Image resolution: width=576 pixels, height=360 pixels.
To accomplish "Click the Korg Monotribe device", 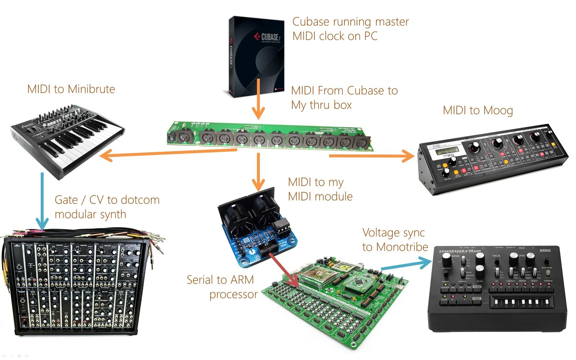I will point(497,288).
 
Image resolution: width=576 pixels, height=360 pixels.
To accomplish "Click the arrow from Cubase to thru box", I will point(258,99).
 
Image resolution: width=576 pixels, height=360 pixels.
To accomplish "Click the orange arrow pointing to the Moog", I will point(371,156).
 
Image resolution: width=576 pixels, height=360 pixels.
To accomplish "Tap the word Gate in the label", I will point(66,200).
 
